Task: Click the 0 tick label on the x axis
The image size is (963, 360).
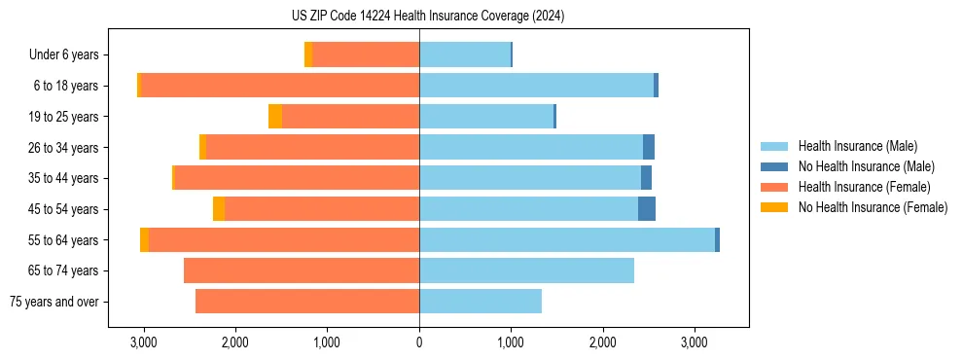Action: [x=419, y=342]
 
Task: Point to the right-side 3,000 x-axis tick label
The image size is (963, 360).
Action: [x=694, y=342]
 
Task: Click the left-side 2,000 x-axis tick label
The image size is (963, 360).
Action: [x=235, y=342]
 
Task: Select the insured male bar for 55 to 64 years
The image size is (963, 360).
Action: [x=567, y=239]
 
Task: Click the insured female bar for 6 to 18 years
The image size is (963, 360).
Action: [x=280, y=86]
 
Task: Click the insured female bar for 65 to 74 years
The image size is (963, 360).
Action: [x=302, y=270]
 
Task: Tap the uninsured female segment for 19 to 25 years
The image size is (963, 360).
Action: [x=275, y=117]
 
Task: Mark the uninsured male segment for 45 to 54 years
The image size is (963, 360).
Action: [x=647, y=209]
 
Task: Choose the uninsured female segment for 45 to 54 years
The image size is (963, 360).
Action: [x=219, y=209]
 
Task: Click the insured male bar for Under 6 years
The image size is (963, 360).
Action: [x=465, y=55]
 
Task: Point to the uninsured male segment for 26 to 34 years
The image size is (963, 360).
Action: [x=649, y=147]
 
